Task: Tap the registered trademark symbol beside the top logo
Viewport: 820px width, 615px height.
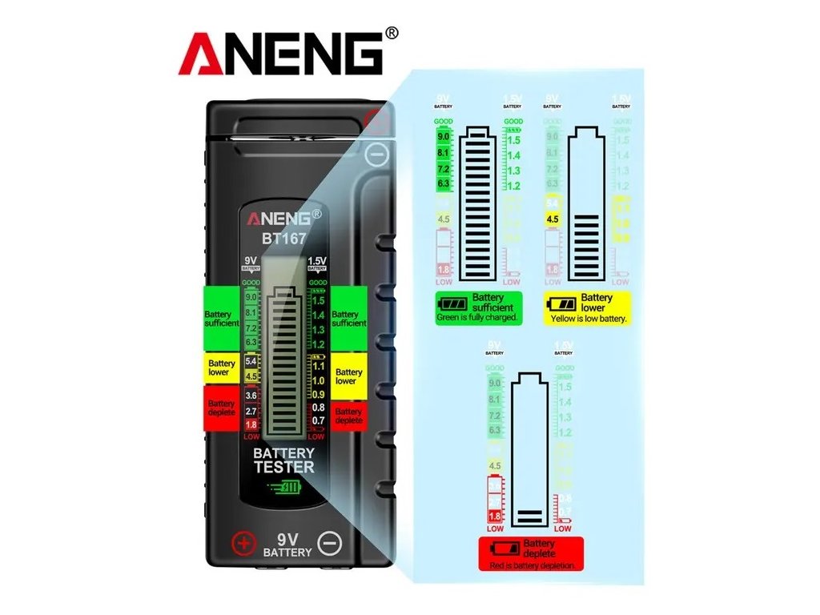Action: (x=391, y=33)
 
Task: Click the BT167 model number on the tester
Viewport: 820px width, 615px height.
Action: (x=283, y=237)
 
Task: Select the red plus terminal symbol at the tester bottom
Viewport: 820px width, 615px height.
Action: (x=243, y=544)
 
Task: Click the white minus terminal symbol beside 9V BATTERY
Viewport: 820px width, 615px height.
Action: (x=328, y=544)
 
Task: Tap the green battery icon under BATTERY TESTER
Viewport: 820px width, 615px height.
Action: (x=284, y=488)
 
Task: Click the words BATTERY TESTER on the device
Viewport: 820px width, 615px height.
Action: (x=284, y=460)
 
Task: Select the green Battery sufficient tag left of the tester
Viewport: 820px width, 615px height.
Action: (x=221, y=318)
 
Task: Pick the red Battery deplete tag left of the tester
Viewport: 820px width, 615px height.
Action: (x=221, y=408)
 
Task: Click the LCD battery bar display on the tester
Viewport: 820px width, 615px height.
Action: (x=284, y=352)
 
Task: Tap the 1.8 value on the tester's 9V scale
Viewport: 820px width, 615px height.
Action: (x=251, y=424)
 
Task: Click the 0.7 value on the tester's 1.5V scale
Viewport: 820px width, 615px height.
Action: (x=318, y=420)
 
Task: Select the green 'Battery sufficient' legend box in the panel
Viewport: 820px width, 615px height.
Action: (x=479, y=307)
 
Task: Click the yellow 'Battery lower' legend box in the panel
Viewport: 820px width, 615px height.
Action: (x=588, y=307)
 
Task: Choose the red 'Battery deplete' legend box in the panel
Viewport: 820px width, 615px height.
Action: (x=531, y=553)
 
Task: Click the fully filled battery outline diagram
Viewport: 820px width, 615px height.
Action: (x=478, y=204)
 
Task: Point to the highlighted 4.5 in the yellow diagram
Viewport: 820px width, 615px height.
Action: (x=553, y=219)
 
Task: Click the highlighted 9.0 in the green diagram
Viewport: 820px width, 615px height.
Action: (x=444, y=137)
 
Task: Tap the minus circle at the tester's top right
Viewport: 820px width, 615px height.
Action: (x=376, y=155)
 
